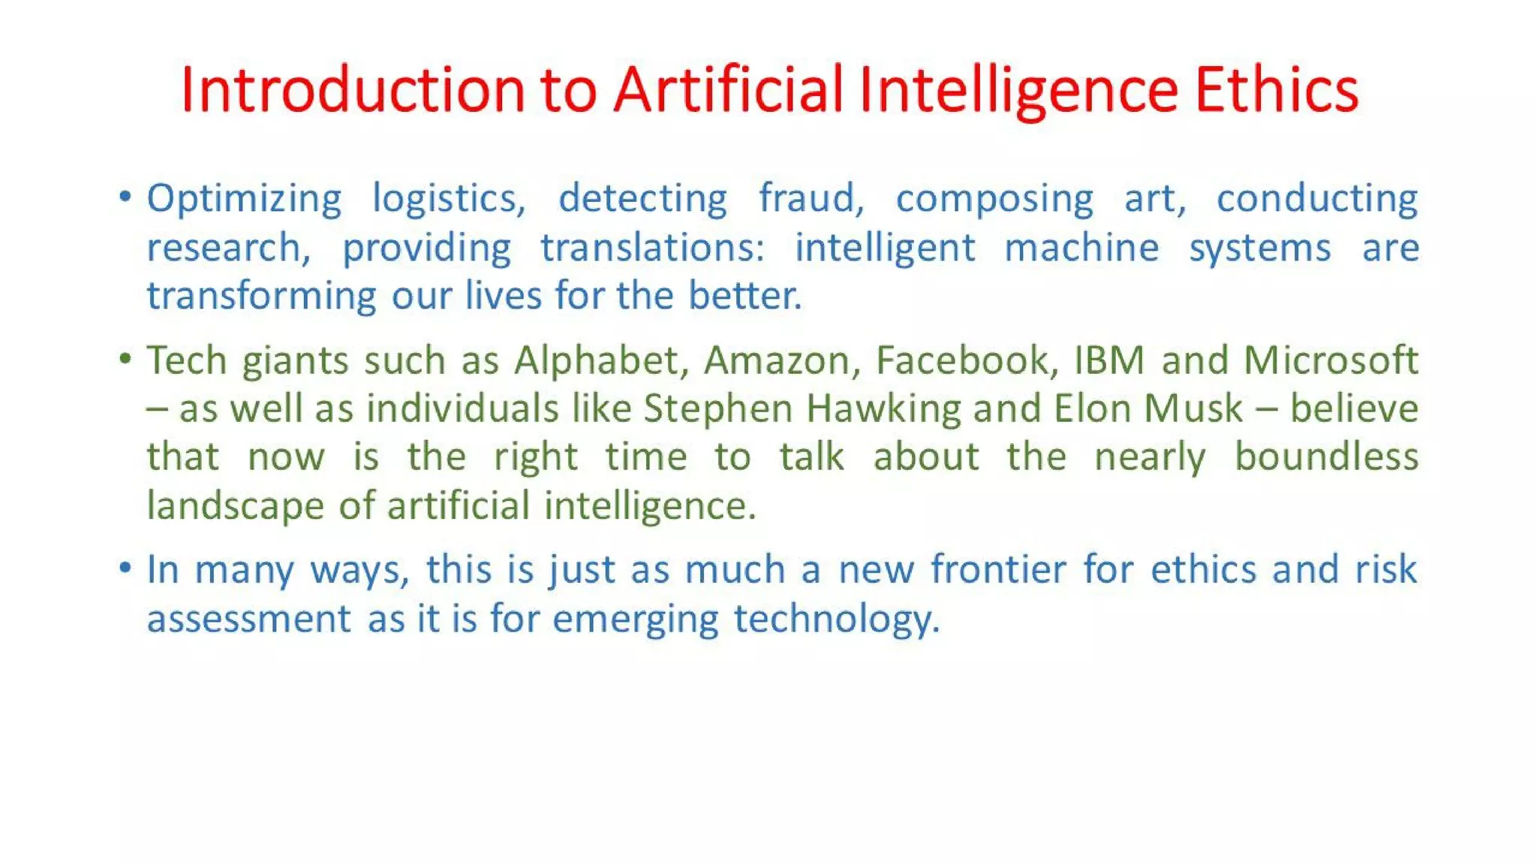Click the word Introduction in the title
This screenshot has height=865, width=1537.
(x=353, y=90)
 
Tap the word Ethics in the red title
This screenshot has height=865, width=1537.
(x=1276, y=90)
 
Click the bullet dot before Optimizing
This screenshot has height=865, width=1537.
(x=125, y=197)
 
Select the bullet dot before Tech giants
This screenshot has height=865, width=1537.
(x=125, y=359)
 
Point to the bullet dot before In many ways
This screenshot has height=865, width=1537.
(x=125, y=568)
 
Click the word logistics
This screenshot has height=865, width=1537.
(x=449, y=200)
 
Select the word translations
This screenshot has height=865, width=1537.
(x=652, y=248)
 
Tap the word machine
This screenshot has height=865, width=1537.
(x=1081, y=248)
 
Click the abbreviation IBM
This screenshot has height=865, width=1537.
(x=1108, y=360)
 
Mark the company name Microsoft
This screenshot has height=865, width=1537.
(x=1331, y=360)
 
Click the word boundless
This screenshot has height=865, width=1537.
(x=1326, y=457)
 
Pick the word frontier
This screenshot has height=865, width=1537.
(x=998, y=569)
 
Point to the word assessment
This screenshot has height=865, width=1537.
(x=248, y=619)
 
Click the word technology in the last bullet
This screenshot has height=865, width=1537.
(x=836, y=620)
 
